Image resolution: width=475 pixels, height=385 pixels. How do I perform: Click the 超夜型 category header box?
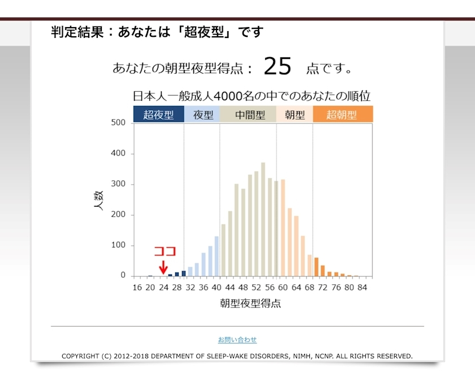[159, 115]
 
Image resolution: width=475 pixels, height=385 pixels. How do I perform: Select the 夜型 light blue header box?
[203, 115]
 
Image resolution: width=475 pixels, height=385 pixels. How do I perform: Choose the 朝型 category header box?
[295, 115]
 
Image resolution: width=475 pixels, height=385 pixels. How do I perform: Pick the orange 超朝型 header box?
[342, 115]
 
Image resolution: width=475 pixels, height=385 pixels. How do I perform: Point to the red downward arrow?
[163, 266]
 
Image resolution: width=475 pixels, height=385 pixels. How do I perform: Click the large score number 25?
[277, 67]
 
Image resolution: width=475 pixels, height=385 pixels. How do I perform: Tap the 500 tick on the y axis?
[118, 123]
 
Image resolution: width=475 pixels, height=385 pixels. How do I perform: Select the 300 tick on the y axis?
[118, 184]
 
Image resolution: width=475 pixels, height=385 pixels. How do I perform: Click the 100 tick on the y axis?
[118, 245]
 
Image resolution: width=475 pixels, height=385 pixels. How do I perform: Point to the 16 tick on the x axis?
[137, 287]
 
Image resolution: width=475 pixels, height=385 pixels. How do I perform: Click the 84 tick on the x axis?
[362, 287]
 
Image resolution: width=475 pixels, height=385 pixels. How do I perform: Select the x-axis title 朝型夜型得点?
[251, 303]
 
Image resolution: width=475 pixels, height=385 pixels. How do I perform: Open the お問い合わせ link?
[237, 340]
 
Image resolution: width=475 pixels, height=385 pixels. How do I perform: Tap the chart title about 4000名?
[252, 96]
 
